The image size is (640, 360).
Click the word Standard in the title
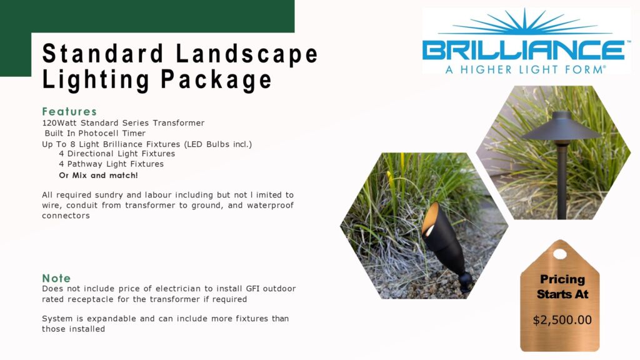(x=103, y=54)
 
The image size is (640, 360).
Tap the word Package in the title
(x=216, y=79)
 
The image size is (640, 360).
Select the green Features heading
(x=69, y=111)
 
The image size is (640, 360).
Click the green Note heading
(x=56, y=278)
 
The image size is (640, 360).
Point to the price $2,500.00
(x=562, y=320)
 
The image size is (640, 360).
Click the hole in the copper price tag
(x=559, y=254)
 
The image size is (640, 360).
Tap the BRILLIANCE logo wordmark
(x=524, y=50)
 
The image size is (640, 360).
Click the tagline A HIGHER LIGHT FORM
(x=525, y=69)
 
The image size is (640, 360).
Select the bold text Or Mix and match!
(x=98, y=176)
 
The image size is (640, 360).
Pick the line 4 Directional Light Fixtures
(x=117, y=154)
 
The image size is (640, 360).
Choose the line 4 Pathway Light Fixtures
(x=111, y=164)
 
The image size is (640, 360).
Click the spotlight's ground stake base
(x=466, y=282)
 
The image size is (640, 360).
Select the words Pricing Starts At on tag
(x=562, y=286)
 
